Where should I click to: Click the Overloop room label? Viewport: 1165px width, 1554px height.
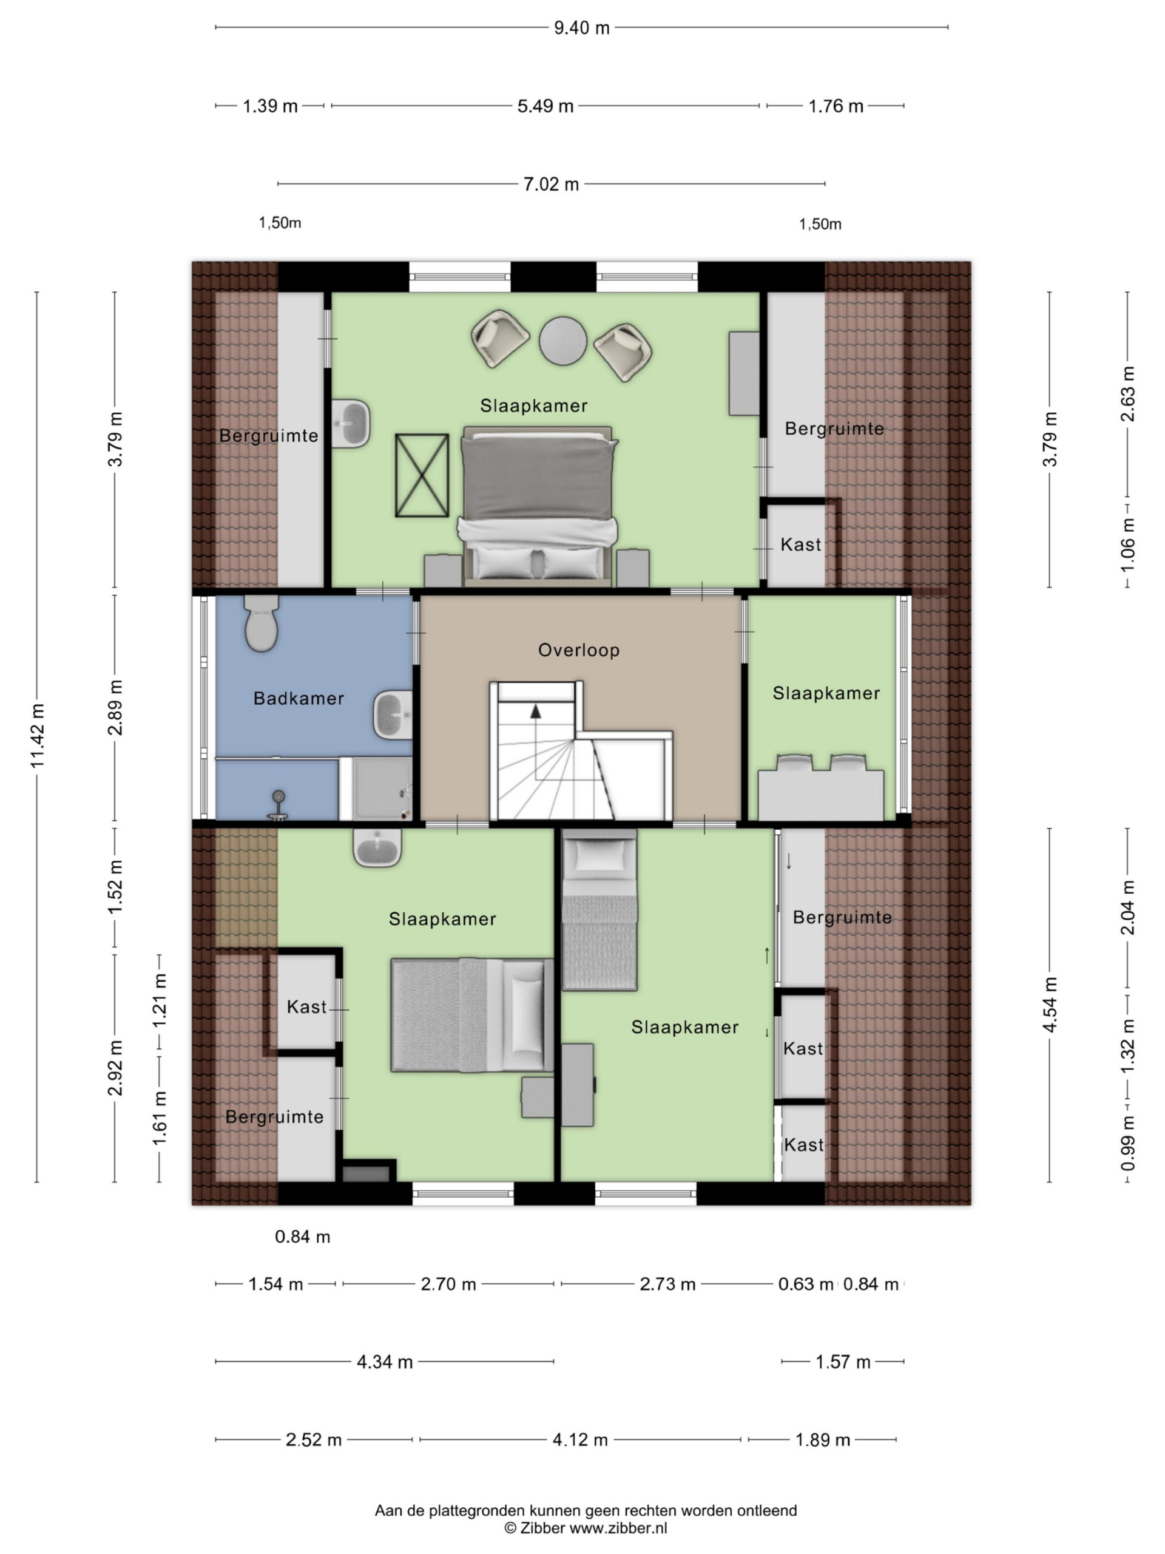579,650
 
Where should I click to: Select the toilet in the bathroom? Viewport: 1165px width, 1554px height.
262,623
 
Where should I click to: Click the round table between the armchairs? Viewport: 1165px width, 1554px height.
562,341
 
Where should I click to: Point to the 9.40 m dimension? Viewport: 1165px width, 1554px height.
581,28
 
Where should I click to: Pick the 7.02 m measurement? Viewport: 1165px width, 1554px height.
551,184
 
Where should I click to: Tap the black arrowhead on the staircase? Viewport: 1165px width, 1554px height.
536,711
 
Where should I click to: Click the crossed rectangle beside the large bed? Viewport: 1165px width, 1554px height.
422,476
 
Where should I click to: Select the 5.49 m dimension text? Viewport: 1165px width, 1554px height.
545,106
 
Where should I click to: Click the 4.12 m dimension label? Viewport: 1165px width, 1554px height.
580,1439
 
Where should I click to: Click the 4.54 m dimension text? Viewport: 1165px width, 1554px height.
1050,1005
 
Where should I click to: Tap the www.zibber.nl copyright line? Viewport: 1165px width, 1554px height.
586,1528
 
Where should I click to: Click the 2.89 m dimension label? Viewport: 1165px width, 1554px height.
115,707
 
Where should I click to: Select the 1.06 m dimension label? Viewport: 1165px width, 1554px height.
1128,545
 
